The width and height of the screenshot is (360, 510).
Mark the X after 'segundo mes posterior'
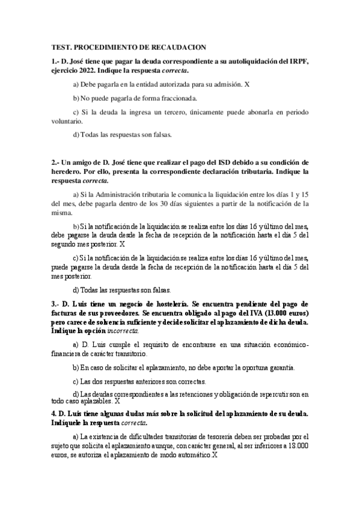pyautogui.click(x=122, y=244)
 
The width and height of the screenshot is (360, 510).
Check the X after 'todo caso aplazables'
pyautogui.click(x=117, y=401)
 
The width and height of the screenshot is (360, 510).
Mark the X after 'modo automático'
pyautogui.click(x=215, y=455)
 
